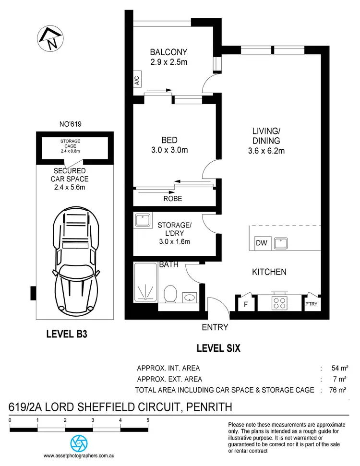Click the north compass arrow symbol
(50, 38)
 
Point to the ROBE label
(173, 198)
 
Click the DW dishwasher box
(262, 243)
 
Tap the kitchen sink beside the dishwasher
(281, 243)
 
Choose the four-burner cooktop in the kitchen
(279, 303)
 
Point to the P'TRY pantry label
(311, 304)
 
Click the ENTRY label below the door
(215, 327)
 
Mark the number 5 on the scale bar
(147, 420)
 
